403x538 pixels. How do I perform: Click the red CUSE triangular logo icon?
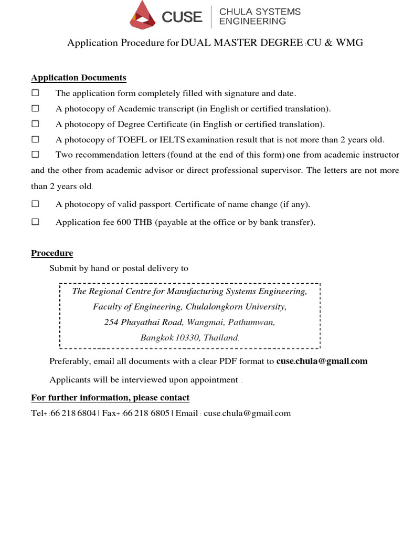[143, 15]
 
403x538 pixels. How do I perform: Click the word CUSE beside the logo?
[182, 17]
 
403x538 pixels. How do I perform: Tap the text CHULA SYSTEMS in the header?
[260, 12]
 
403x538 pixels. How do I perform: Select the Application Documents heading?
[79, 78]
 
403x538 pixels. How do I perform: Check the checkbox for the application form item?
[35, 93]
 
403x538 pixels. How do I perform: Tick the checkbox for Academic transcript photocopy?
[35, 109]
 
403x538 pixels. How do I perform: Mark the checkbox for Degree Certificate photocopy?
[35, 124]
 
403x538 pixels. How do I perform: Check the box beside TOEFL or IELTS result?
[35, 139]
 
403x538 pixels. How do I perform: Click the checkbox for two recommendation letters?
[35, 155]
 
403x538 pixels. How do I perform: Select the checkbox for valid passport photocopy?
[35, 204]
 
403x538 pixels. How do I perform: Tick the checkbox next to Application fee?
[35, 222]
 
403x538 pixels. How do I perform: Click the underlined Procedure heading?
[52, 253]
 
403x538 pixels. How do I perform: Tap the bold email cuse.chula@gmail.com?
[322, 361]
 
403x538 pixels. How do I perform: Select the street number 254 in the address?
[111, 323]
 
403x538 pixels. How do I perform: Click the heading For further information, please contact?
[110, 398]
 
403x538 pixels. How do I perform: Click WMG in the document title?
[349, 43]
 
